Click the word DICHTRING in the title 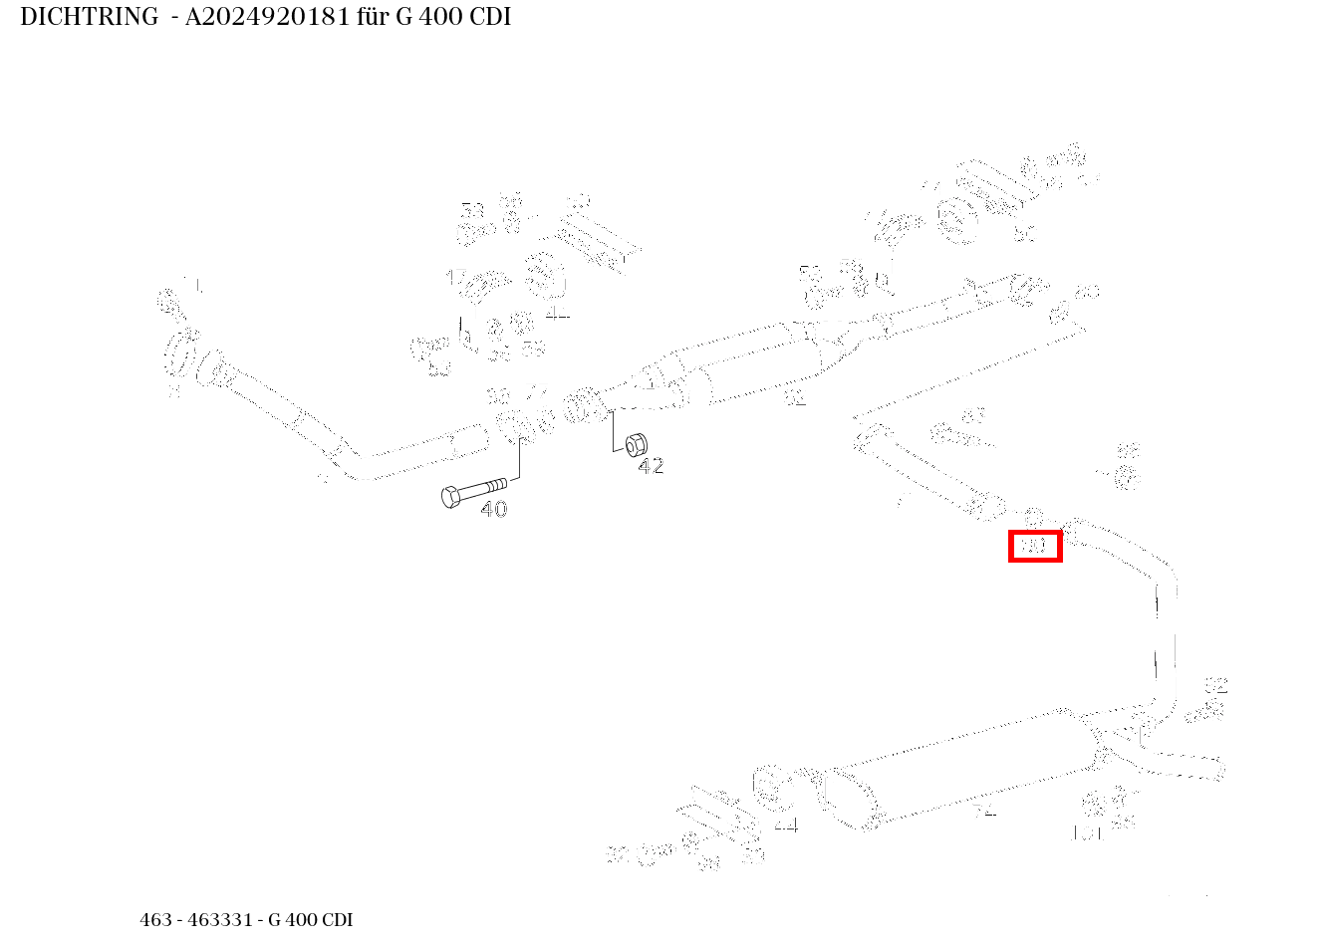[x=89, y=17]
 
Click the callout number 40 [x=494, y=510]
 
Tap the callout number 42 [x=651, y=466]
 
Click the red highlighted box [x=1035, y=546]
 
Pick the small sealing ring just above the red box [x=1033, y=517]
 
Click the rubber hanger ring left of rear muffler [x=767, y=787]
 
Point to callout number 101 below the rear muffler [x=1086, y=834]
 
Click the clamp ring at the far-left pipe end [x=180, y=352]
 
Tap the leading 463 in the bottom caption [x=156, y=920]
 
